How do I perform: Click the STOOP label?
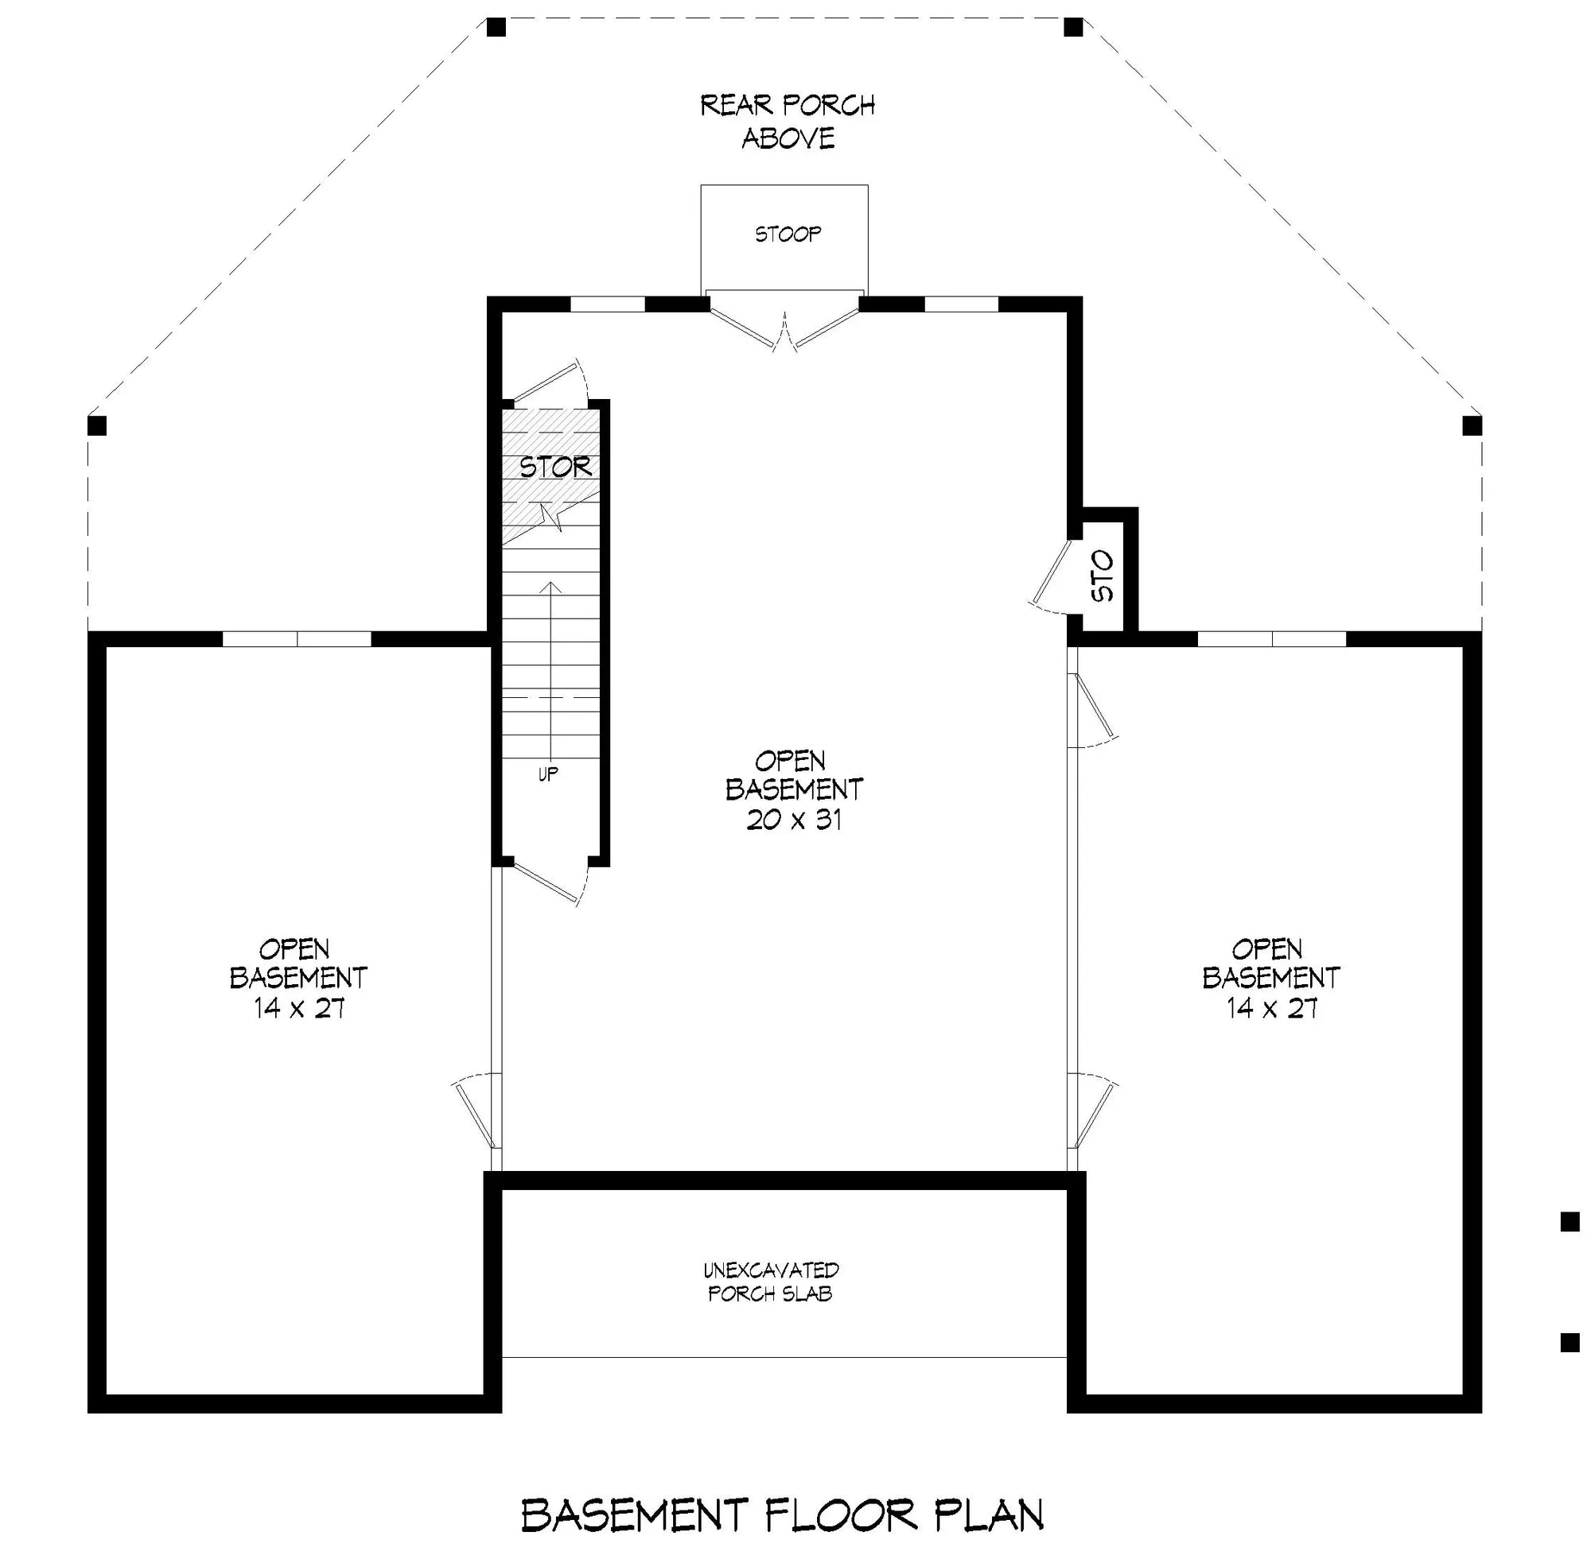(x=787, y=235)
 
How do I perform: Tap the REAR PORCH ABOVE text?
(x=788, y=122)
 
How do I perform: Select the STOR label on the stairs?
(x=555, y=467)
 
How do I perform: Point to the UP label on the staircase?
(x=548, y=774)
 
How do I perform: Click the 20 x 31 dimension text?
(x=794, y=820)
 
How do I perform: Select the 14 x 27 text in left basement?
(x=299, y=1009)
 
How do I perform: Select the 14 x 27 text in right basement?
(x=1271, y=1009)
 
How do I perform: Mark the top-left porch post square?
(x=496, y=28)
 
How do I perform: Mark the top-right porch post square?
(x=1073, y=28)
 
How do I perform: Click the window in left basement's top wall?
(x=297, y=639)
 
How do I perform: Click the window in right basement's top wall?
(x=1271, y=639)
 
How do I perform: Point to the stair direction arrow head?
(x=552, y=586)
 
